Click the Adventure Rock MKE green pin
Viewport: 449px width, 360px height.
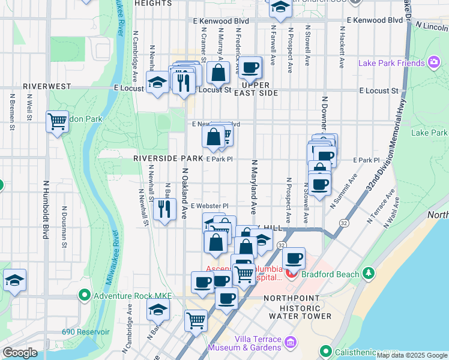(x=85, y=295)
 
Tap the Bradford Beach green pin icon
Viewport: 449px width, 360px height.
(x=369, y=274)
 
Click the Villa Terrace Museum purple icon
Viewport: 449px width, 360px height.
(x=291, y=343)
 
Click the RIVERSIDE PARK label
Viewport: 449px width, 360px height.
(x=168, y=158)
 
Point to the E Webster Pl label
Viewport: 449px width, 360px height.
(x=210, y=206)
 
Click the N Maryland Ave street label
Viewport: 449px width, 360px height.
(x=254, y=187)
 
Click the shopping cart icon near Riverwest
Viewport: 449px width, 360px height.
(x=57, y=121)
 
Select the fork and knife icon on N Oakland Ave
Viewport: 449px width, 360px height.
(x=164, y=209)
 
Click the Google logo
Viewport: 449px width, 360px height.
(x=20, y=352)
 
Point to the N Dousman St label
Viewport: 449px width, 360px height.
(x=64, y=228)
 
